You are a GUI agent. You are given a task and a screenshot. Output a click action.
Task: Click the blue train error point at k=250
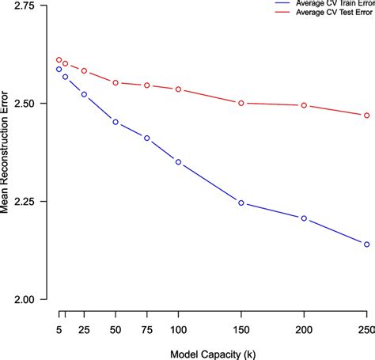[366, 244]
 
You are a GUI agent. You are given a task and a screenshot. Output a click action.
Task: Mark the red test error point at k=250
[366, 116]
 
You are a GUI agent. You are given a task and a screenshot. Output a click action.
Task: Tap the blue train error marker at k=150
[241, 203]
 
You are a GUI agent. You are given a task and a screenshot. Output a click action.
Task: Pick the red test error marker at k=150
[241, 103]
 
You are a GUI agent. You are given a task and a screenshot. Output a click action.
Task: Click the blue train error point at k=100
[178, 161]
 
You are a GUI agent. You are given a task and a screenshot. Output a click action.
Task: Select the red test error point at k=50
[116, 82]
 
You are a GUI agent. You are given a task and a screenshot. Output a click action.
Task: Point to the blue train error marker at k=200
[304, 218]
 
